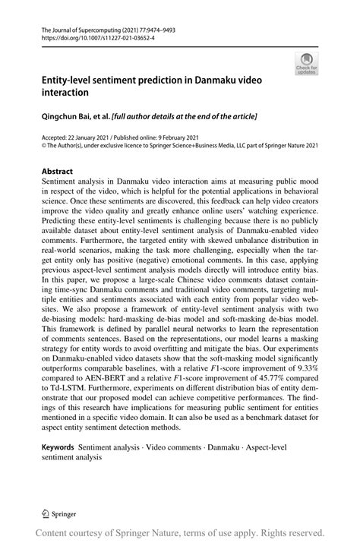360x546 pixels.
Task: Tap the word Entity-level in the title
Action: click(x=67, y=80)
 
